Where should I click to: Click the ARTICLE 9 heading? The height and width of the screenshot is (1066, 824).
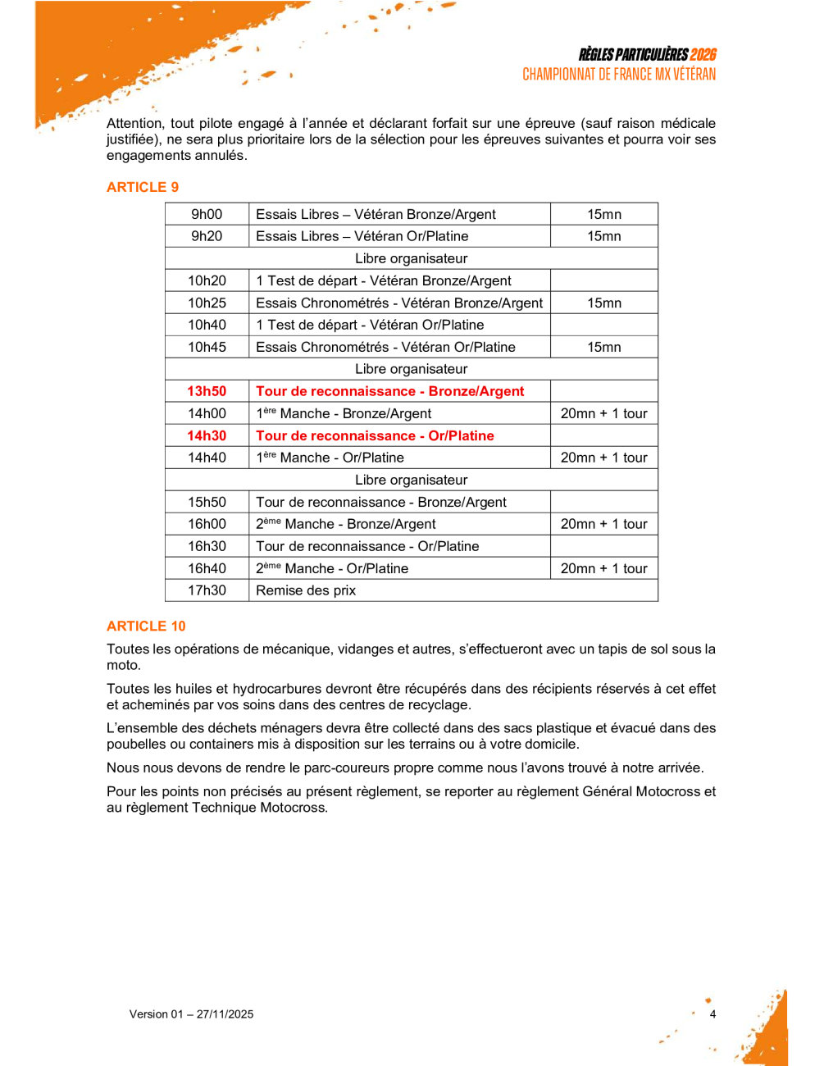143,187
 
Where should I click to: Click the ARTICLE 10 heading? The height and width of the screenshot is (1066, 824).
146,626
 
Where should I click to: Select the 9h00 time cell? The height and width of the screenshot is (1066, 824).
207,214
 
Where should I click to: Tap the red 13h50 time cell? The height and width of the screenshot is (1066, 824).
207,391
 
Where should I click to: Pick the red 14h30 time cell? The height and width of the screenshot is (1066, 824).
207,435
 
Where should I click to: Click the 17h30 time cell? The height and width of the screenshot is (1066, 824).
207,590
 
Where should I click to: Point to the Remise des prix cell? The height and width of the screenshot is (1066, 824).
306,590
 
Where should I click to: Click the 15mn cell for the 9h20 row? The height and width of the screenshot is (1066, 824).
604,236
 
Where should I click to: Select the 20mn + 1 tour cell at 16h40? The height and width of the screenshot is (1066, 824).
604,568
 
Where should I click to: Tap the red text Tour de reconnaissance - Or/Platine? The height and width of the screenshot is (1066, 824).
375,435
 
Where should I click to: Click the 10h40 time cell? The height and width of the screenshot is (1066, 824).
207,325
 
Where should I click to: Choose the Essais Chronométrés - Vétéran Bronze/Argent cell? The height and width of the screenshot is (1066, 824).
399,303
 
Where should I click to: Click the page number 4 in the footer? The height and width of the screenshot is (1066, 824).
712,1014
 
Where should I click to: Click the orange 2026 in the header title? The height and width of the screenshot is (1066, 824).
703,55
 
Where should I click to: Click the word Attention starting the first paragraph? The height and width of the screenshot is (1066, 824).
134,124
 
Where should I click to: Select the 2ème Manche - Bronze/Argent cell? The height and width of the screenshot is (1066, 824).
346,524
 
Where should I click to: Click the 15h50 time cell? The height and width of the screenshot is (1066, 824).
207,502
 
